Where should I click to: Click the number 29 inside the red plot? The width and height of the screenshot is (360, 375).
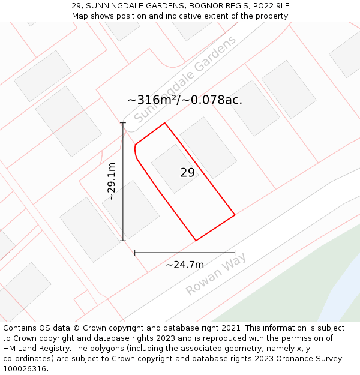click(187, 173)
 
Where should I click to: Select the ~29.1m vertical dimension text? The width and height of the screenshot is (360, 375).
click(111, 181)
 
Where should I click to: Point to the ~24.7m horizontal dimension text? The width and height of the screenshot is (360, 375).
click(185, 265)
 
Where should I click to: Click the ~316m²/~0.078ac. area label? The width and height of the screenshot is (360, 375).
click(185, 100)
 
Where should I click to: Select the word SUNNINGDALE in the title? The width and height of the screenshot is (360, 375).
click(119, 6)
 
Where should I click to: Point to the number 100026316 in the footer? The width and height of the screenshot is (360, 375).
click(25, 369)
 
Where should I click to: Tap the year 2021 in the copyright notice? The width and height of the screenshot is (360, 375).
click(229, 328)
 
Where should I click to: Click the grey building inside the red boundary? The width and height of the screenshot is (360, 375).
click(174, 169)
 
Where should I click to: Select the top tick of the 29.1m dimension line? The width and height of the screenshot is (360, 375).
click(123, 123)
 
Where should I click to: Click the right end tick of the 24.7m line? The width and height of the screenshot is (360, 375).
click(235, 253)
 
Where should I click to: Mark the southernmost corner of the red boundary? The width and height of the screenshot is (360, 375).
click(196, 241)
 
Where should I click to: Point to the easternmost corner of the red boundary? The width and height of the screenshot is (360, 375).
click(235, 214)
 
